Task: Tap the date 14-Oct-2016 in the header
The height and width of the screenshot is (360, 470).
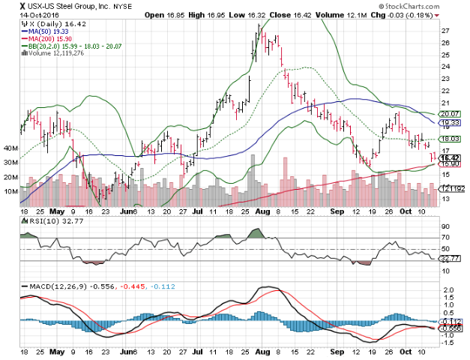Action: pos(25,14)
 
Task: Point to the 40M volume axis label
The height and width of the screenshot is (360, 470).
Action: pos(11,149)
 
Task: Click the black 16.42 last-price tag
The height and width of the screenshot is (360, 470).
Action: pos(449,157)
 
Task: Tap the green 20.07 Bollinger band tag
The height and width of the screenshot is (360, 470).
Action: pos(449,114)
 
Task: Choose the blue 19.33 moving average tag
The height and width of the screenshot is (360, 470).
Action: pos(449,122)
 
